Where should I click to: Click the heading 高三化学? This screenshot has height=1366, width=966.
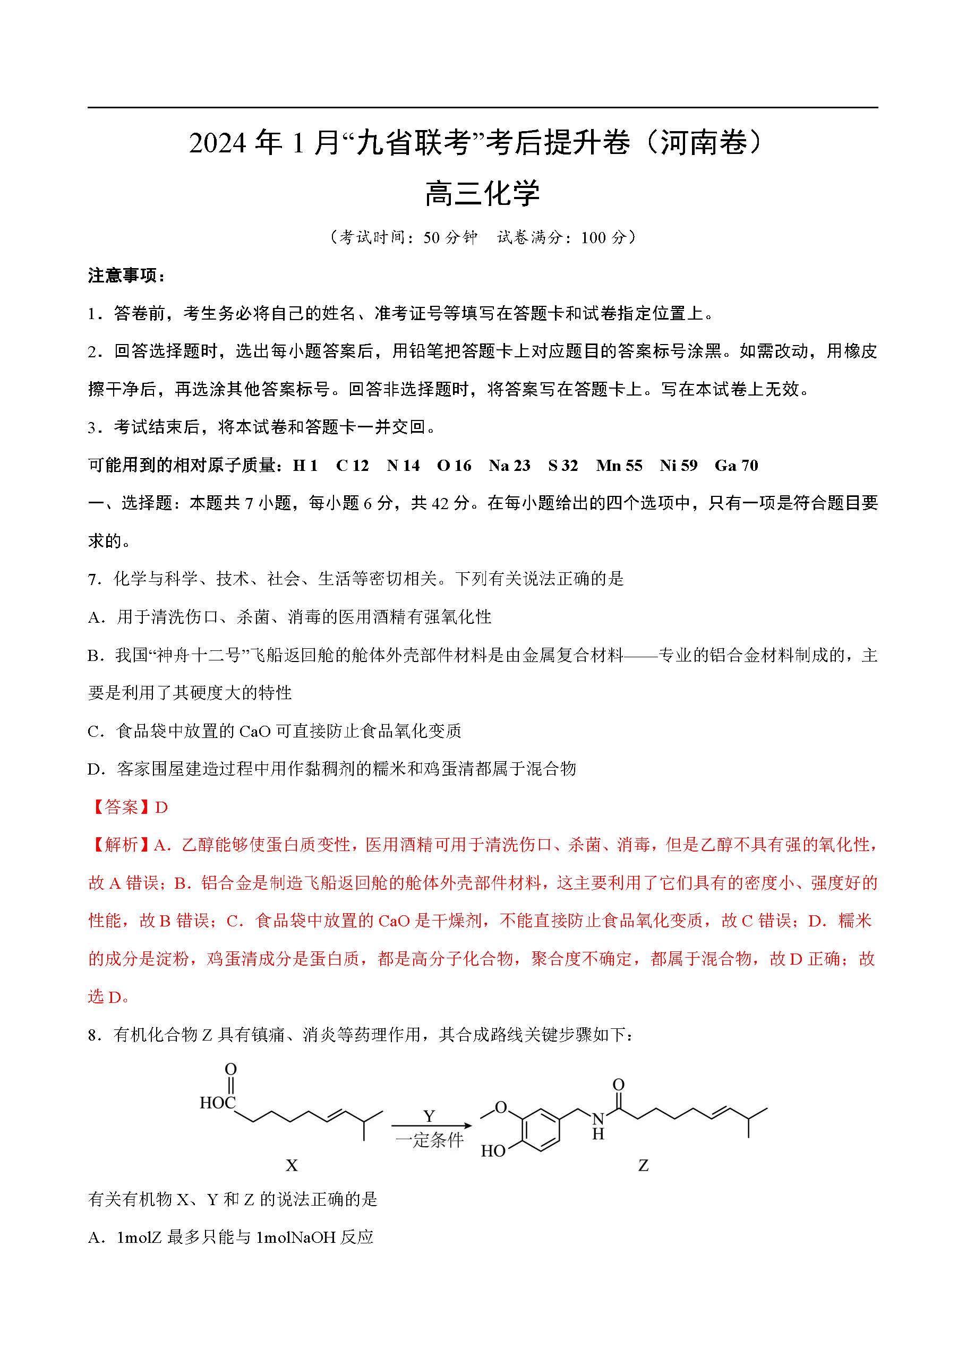tap(482, 193)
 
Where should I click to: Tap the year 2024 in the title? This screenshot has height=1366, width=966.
tap(217, 143)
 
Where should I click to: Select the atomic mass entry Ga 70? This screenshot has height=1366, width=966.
tap(736, 465)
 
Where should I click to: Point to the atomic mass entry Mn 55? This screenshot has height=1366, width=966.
tap(619, 465)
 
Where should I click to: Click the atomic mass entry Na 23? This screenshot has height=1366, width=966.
tap(509, 465)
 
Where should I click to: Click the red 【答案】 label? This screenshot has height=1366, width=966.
tap(121, 807)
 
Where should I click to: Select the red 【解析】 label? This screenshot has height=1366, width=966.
tap(121, 845)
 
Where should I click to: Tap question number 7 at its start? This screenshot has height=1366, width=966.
tap(93, 579)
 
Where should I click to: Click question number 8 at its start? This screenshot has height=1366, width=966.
tap(93, 1035)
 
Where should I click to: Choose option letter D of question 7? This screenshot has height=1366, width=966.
tap(95, 769)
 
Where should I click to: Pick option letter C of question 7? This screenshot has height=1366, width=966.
tap(95, 731)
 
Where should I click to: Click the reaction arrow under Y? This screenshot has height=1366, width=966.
tap(431, 1126)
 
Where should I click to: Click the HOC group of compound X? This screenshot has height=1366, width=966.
tap(218, 1103)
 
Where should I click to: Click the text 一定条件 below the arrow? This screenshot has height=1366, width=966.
tap(429, 1140)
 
